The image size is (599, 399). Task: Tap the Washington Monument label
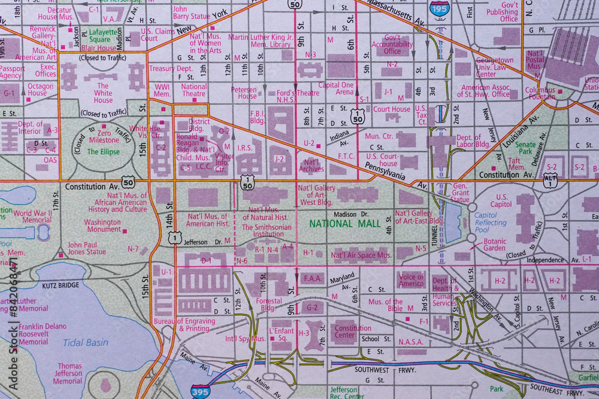click(102, 226)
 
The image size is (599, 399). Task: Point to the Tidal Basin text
click(86, 342)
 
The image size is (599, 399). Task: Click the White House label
click(103, 93)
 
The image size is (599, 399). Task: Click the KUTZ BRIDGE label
click(60, 285)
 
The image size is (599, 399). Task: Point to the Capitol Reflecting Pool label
click(490, 223)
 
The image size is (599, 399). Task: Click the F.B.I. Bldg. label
click(257, 117)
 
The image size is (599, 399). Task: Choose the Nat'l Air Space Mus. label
click(361, 255)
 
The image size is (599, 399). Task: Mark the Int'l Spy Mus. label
click(245, 339)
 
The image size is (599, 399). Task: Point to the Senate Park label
click(525, 148)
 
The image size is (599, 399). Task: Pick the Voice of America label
click(411, 281)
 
